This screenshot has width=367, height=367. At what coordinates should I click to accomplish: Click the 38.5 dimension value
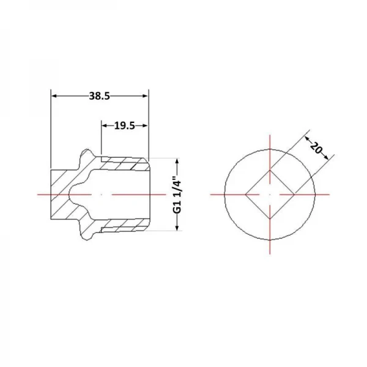100,96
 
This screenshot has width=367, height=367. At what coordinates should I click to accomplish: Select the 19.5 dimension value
125,126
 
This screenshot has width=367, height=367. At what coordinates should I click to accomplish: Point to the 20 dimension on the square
316,147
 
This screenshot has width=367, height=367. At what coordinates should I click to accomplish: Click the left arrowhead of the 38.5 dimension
54,96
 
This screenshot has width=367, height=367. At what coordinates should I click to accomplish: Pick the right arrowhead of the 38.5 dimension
146,96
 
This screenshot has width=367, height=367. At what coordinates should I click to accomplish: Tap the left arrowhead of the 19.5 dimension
105,126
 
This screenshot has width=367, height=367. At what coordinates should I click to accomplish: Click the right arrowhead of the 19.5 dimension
146,126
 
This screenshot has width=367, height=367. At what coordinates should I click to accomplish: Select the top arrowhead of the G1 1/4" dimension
177,161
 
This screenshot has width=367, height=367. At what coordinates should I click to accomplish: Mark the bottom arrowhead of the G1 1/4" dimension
177,228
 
